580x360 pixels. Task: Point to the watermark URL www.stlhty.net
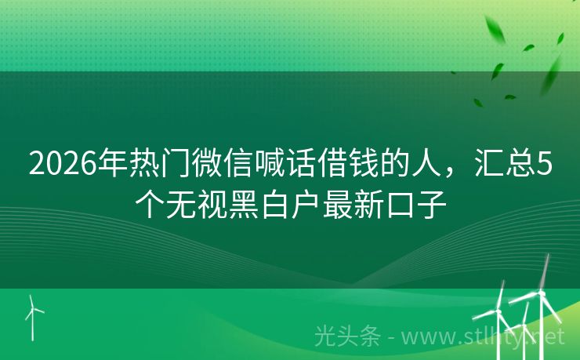[x=485, y=337]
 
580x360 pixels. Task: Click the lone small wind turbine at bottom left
[x=32, y=312]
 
